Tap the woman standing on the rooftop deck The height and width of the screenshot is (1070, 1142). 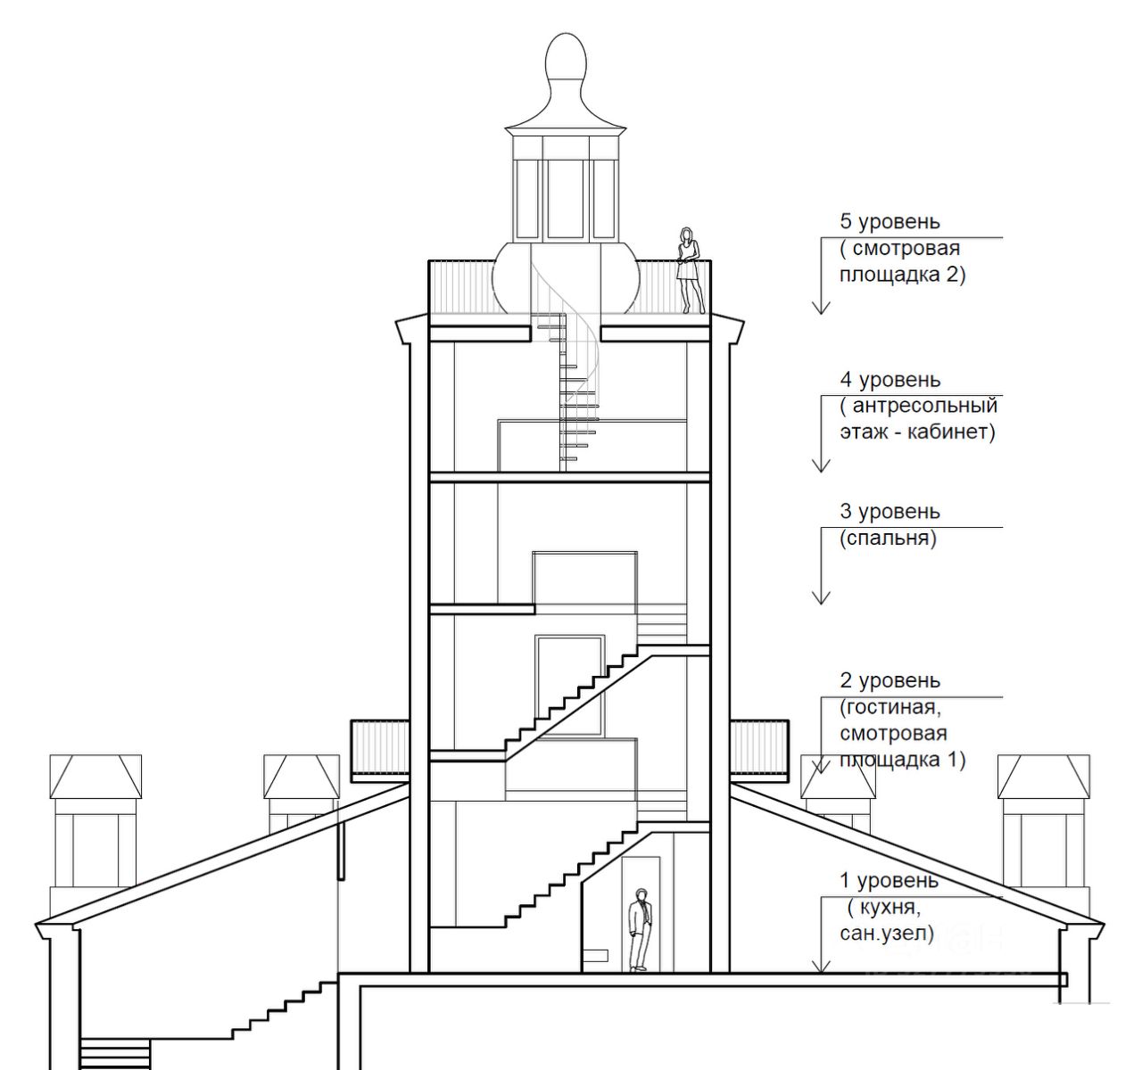click(x=688, y=269)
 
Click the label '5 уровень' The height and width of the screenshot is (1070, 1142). click(x=890, y=221)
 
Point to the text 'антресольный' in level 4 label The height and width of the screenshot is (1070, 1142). click(x=924, y=407)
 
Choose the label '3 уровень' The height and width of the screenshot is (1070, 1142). click(x=890, y=512)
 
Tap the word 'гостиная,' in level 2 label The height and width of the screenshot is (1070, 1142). click(x=891, y=708)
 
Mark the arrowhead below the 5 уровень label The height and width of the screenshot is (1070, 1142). click(x=821, y=307)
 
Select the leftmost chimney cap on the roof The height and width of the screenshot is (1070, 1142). click(x=95, y=777)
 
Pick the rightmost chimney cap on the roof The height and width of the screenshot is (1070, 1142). click(x=1043, y=777)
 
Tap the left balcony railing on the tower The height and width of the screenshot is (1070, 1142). click(x=381, y=747)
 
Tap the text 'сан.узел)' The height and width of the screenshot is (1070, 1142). click(x=886, y=934)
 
